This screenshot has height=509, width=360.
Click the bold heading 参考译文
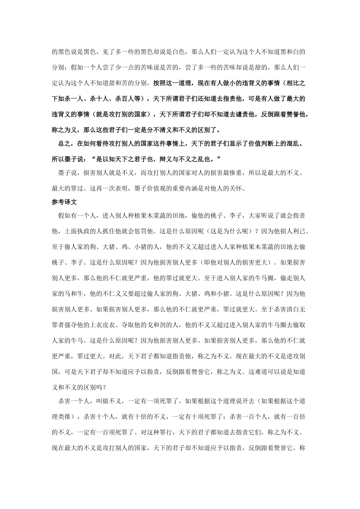64,202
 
